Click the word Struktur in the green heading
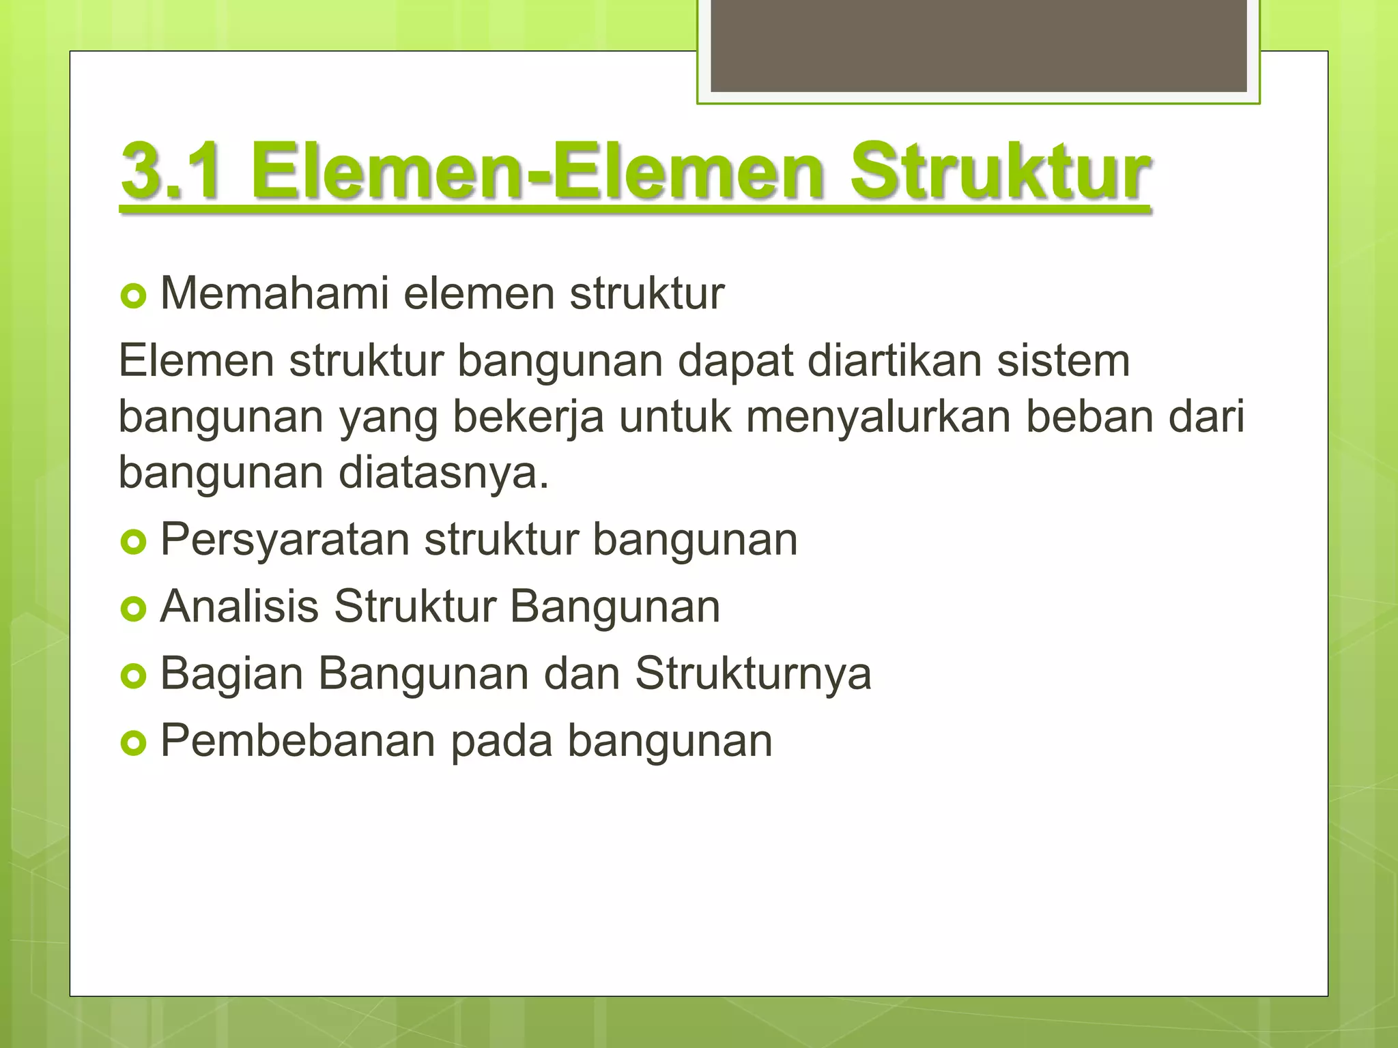point(1000,171)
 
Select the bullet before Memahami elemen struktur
point(133,297)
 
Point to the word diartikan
point(895,360)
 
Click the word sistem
point(1064,360)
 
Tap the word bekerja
point(528,416)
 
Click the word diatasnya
point(444,472)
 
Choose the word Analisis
point(239,606)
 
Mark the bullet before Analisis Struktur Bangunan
point(133,609)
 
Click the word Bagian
point(231,674)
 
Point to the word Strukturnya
point(753,674)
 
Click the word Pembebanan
point(298,740)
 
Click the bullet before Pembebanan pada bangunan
point(133,744)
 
